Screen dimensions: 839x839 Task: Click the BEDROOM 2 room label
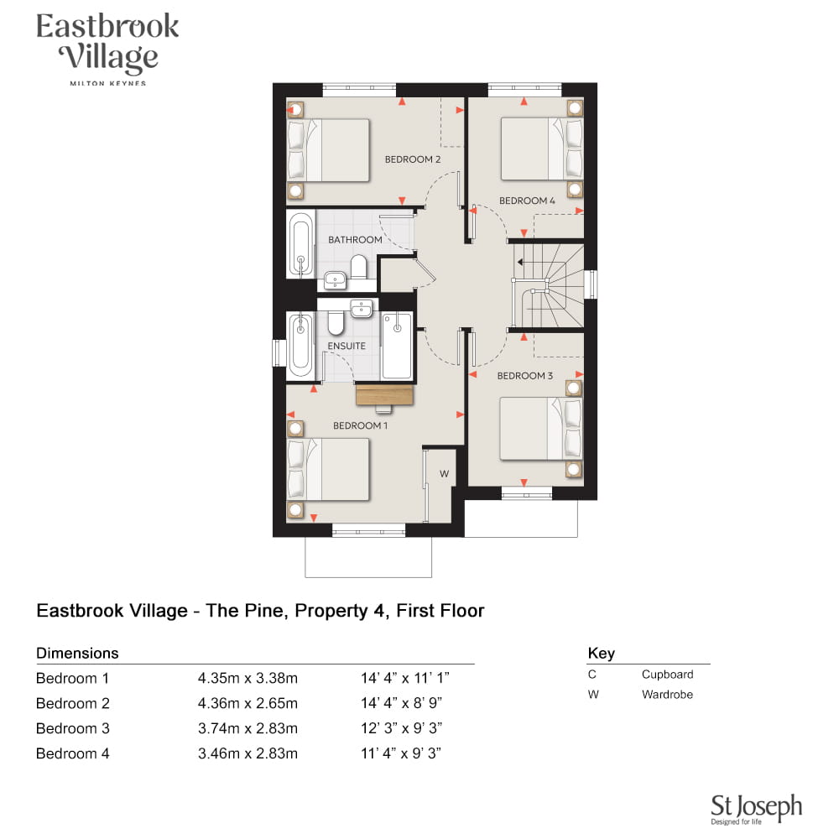[x=413, y=159]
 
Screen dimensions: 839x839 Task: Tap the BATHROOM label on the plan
[x=355, y=240]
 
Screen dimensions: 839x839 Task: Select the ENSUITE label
[x=347, y=347]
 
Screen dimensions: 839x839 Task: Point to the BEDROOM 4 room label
[x=527, y=201]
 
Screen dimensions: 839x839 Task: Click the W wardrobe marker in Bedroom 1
[x=444, y=473]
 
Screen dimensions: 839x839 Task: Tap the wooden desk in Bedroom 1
[x=385, y=395]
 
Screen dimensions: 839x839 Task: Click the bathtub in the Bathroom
[x=300, y=243]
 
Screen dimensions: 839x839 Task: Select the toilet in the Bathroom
[x=358, y=267]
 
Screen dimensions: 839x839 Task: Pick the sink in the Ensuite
[x=362, y=309]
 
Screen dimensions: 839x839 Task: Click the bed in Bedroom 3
[x=541, y=429]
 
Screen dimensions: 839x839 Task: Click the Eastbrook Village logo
[x=107, y=48]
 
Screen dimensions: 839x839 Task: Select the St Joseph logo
[x=756, y=809]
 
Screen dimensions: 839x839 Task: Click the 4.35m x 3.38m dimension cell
[x=248, y=679]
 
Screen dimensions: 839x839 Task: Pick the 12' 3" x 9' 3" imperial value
[x=401, y=728]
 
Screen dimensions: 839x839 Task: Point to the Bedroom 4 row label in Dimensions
[x=73, y=753]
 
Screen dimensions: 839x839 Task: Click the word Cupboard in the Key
[x=667, y=675]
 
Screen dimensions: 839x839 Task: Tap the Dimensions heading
[x=77, y=654]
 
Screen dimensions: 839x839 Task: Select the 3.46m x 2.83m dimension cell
[x=248, y=753]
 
